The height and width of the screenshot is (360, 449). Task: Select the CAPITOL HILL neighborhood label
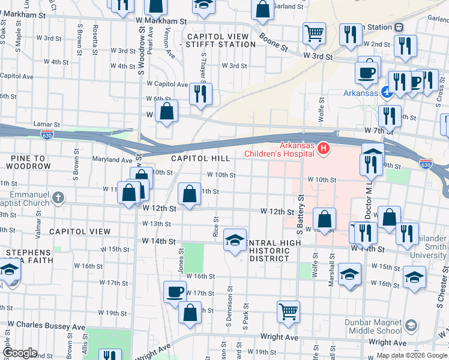[x=200, y=158]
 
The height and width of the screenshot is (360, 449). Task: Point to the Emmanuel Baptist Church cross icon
[x=58, y=197]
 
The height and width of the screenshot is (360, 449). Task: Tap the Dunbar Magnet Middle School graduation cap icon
[x=411, y=325]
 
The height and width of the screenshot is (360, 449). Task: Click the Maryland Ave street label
[x=112, y=160]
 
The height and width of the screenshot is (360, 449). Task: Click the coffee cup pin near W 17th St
[x=175, y=292]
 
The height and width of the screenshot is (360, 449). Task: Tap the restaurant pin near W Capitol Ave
[x=200, y=93]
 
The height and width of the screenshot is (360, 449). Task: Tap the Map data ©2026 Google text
[x=411, y=355]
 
